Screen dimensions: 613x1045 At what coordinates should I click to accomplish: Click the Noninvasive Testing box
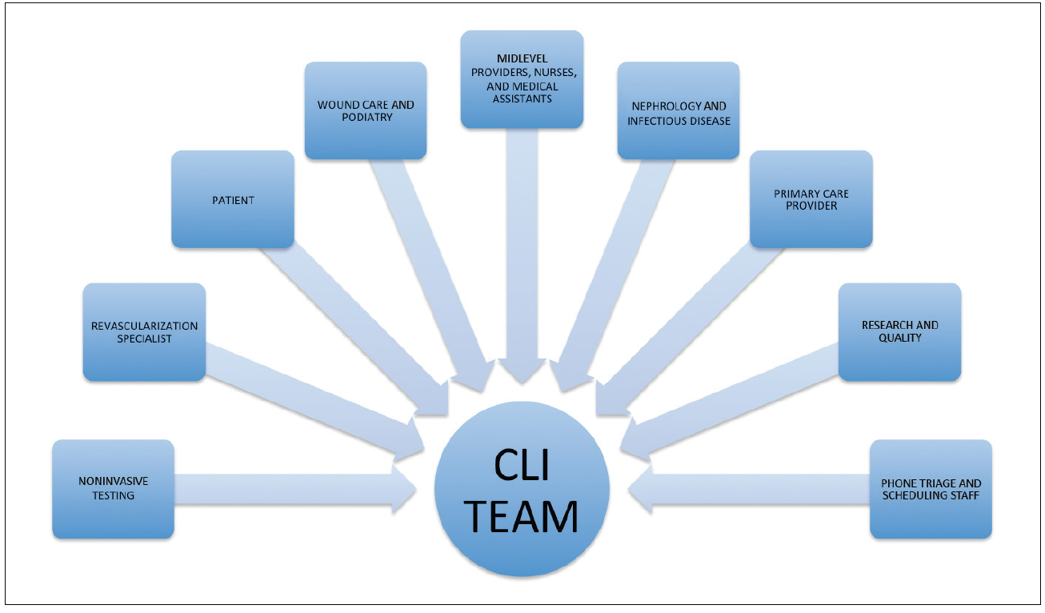(113, 488)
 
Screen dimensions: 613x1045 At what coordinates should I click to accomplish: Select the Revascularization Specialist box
(144, 331)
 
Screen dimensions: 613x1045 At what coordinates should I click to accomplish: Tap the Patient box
(233, 199)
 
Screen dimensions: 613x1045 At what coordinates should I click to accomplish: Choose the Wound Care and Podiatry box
(366, 110)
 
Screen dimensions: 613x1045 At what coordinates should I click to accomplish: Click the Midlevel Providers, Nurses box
(522, 79)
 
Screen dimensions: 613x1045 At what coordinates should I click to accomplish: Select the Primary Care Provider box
(811, 199)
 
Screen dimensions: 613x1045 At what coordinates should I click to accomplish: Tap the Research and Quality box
(899, 331)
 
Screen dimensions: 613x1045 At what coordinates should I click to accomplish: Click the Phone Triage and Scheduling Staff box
(931, 488)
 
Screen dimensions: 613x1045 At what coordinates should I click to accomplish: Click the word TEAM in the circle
(522, 516)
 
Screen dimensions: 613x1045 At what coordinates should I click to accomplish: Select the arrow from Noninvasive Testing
(288, 488)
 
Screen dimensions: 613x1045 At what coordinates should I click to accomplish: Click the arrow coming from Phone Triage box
(752, 488)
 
